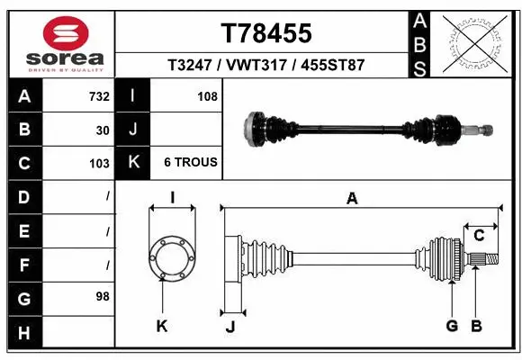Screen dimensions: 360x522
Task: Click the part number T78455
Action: [266, 33]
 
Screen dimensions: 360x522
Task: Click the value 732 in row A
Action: [99, 95]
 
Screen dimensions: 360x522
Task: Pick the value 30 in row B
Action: [103, 130]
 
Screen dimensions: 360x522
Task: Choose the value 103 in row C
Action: [99, 164]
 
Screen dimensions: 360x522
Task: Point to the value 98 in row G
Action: [103, 296]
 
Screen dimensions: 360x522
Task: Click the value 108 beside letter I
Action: [207, 95]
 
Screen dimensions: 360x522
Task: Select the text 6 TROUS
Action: [190, 163]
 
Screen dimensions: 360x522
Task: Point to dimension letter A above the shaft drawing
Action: [352, 199]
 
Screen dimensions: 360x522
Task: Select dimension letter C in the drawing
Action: [480, 236]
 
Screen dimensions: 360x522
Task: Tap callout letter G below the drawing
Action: [452, 325]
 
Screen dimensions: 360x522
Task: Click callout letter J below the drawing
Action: [230, 327]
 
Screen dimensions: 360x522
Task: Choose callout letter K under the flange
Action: [162, 326]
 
